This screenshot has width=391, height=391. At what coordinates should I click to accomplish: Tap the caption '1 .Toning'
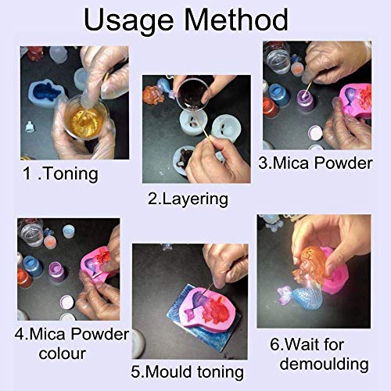tap(59, 173)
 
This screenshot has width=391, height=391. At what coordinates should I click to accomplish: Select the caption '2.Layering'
tap(188, 199)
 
